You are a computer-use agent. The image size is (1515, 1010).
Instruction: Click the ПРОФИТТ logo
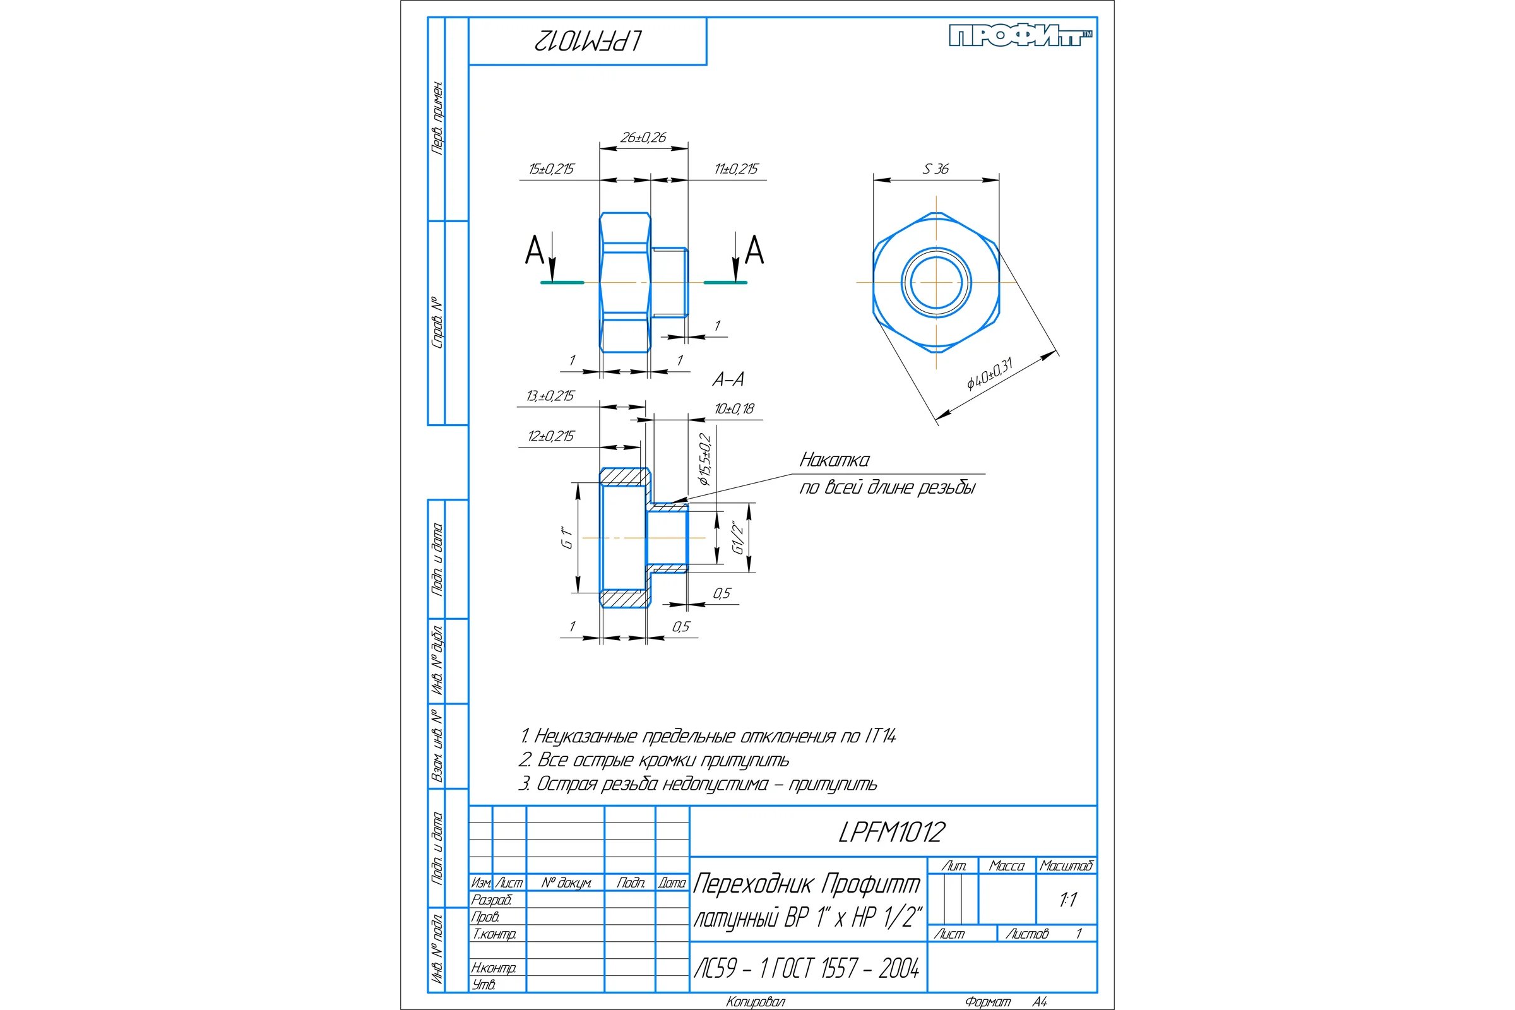1021,36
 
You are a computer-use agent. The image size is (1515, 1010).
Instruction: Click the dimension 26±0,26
643,137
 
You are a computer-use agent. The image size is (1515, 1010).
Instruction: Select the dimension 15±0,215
551,169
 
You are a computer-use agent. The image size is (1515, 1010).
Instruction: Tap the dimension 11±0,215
736,169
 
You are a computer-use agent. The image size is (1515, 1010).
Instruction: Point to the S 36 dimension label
936,169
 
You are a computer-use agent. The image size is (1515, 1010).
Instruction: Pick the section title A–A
728,379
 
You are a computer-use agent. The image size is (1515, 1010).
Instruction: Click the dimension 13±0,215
550,396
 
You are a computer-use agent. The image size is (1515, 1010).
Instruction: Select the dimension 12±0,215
550,436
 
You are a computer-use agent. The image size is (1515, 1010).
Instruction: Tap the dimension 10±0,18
734,408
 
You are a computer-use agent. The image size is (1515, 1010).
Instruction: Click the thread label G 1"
567,537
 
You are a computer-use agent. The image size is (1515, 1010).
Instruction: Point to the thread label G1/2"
738,537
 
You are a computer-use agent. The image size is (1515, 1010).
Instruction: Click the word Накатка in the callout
834,460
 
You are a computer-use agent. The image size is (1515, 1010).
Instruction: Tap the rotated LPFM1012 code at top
588,41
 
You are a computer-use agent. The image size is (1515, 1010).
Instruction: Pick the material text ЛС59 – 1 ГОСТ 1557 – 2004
807,968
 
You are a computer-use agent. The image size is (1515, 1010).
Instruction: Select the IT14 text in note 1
880,735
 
